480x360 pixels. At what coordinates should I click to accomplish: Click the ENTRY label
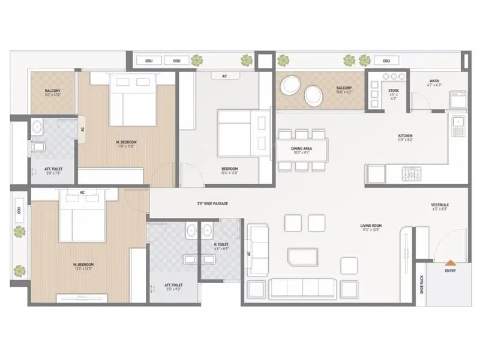click(450, 271)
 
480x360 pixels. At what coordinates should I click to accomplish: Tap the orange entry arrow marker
click(449, 262)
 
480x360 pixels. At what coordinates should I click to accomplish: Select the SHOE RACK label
click(422, 283)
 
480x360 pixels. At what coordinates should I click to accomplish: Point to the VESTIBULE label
click(440, 205)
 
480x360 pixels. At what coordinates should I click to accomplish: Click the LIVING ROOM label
click(371, 226)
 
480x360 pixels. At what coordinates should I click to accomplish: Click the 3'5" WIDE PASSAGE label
click(212, 204)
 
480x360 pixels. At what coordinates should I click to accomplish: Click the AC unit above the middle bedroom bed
click(224, 76)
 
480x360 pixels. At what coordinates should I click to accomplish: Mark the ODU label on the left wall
click(19, 210)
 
